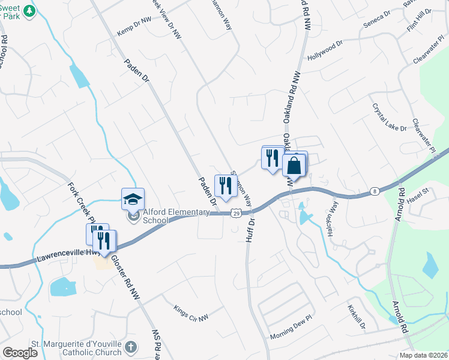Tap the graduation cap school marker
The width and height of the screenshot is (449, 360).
pyautogui.click(x=133, y=199)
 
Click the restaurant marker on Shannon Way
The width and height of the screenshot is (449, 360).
pyautogui.click(x=225, y=184)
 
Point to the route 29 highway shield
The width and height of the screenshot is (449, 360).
pyautogui.click(x=237, y=213)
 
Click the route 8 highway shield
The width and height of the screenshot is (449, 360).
pyautogui.click(x=375, y=191)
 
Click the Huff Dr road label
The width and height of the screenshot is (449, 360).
pyautogui.click(x=250, y=230)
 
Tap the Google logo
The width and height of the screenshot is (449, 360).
pyautogui.click(x=19, y=353)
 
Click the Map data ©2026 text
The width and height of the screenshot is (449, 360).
pyautogui.click(x=424, y=355)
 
